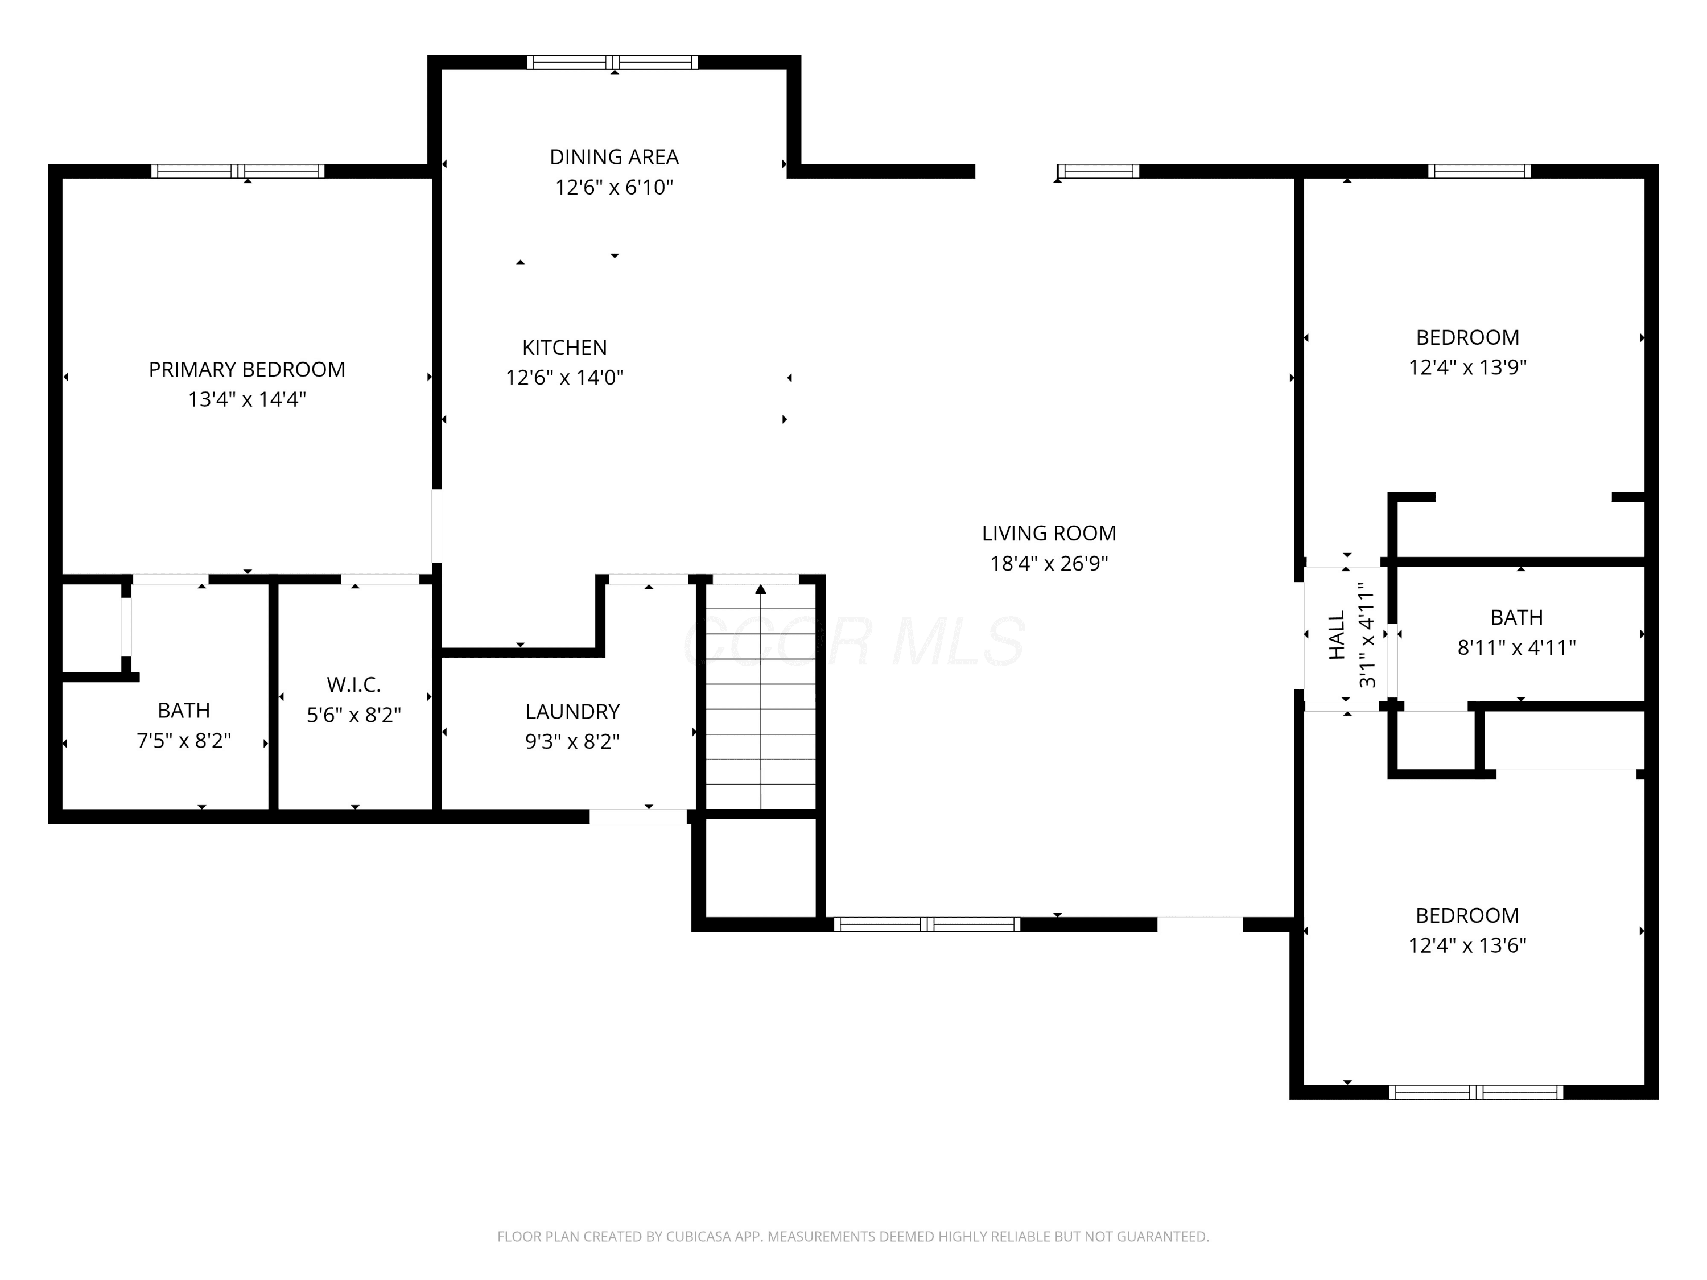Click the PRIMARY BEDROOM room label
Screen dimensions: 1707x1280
[x=247, y=370]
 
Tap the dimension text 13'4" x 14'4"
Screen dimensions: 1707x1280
[x=247, y=400]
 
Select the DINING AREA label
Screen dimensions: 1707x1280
[x=615, y=158]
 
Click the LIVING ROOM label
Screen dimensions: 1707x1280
[x=1049, y=533]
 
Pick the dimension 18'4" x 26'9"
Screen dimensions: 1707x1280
[x=1049, y=563]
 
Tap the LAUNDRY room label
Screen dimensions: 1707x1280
[x=572, y=711]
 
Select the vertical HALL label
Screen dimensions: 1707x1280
[x=1337, y=635]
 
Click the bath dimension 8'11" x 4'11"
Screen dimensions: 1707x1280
[x=1516, y=647]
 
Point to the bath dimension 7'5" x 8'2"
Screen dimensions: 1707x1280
[x=184, y=741]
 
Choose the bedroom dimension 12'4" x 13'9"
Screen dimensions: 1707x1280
[x=1468, y=368]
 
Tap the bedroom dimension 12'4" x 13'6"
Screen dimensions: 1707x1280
[x=1468, y=945]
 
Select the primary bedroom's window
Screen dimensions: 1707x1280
[x=238, y=171]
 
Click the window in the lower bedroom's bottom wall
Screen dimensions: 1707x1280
[x=1476, y=1092]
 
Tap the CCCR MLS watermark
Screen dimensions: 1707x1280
[x=854, y=641]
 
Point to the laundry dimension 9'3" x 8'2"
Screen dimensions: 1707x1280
[x=572, y=741]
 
